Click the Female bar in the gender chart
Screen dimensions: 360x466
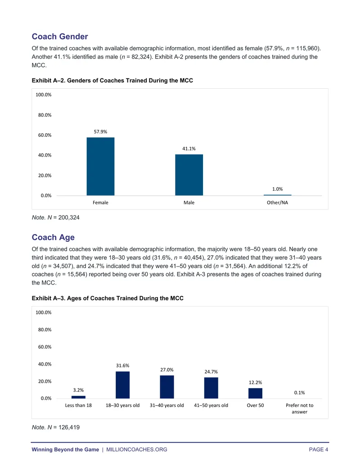tap(100, 167)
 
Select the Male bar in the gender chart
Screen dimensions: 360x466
tap(189, 175)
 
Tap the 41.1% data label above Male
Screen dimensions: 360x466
tap(189, 149)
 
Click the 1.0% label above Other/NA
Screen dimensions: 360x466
tap(278, 189)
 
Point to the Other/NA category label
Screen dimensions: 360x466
tap(278, 203)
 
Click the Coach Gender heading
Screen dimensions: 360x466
tap(60, 36)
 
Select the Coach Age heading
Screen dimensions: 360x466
tap(53, 237)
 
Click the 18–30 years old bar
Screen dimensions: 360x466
tap(123, 385)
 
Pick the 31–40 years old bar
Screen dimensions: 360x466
tap(167, 387)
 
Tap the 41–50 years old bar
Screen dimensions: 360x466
tap(211, 388)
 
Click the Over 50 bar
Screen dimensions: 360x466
tap(256, 393)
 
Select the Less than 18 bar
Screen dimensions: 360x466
tap(78, 397)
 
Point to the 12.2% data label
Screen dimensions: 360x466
tap(256, 383)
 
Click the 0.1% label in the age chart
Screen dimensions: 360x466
tap(299, 393)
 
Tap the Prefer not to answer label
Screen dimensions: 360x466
tap(299, 408)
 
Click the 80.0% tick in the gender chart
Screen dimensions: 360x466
tap(45, 115)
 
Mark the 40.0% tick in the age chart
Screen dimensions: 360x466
tap(45, 364)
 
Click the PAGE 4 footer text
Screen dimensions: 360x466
tap(319, 449)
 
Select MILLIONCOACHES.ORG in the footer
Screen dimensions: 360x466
tap(137, 449)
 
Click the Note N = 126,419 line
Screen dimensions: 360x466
tap(55, 427)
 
